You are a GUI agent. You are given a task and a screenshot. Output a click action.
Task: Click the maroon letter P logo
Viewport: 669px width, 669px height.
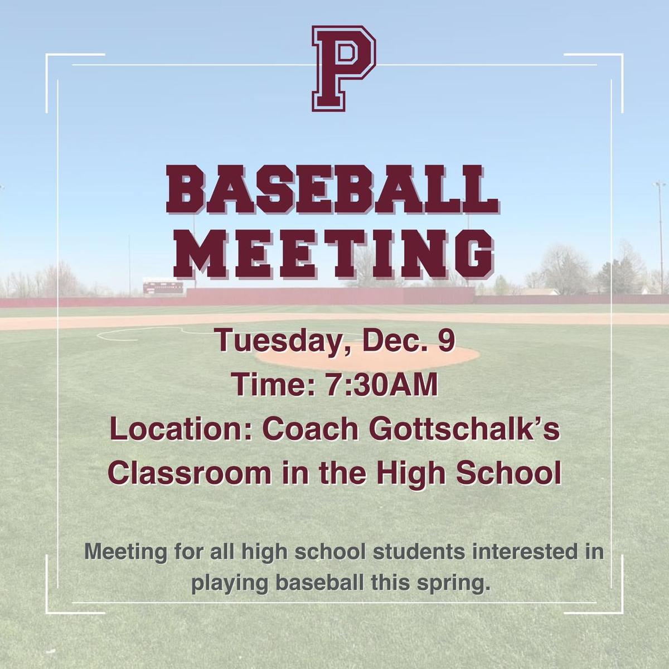coord(344,69)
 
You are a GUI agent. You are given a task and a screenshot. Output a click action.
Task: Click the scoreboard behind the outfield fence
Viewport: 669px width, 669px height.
coord(163,286)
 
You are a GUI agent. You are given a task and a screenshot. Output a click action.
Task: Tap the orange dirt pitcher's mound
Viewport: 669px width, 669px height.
coord(367,355)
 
